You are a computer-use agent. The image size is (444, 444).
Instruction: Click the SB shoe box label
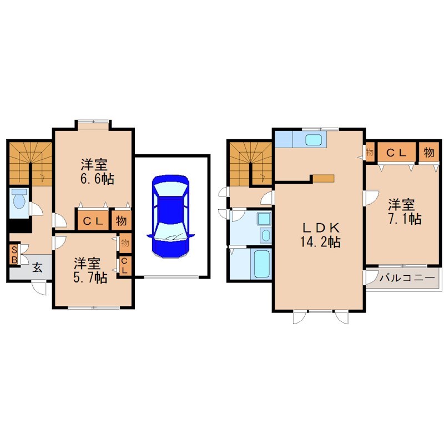[14, 254]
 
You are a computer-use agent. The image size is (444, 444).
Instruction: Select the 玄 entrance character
[37, 266]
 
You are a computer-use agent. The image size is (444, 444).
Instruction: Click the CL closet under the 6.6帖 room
[93, 221]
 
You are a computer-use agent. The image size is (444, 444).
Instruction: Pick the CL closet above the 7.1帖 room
[396, 152]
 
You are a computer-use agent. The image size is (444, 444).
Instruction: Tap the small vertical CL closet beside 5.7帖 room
[124, 266]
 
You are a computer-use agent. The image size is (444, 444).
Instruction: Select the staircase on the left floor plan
[29, 163]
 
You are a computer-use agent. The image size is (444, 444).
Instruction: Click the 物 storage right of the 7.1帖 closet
[428, 152]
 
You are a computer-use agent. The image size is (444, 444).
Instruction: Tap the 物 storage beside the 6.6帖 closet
[121, 221]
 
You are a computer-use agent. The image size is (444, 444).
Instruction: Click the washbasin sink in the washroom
[265, 235]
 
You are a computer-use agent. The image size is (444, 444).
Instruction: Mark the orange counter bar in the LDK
[323, 178]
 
